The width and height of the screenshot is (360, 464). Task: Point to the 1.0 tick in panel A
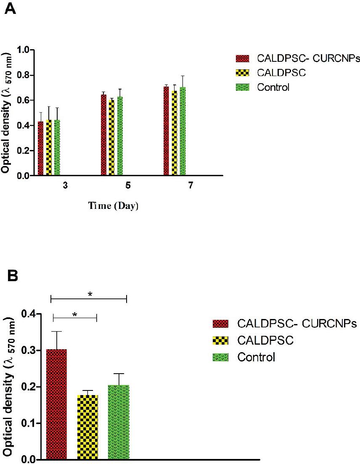[x=25, y=50]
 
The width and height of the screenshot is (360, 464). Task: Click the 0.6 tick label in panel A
[x=25, y=100]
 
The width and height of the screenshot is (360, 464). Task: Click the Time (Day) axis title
[x=113, y=206]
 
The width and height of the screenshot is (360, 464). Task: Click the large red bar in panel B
[x=56, y=403]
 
